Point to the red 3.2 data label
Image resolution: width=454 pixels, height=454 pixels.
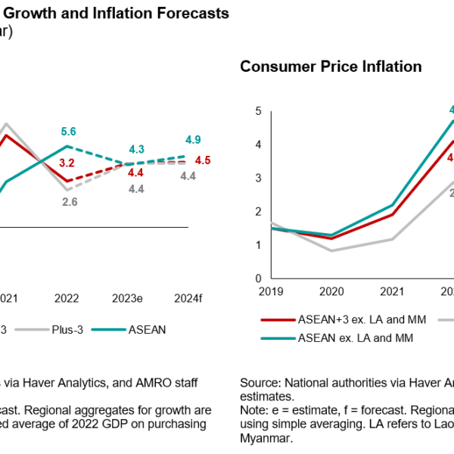67,163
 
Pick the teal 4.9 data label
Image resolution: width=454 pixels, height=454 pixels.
192,140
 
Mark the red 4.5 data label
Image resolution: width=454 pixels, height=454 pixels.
203,160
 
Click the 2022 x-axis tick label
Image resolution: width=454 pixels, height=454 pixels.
67,298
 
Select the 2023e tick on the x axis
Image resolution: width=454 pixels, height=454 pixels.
129,298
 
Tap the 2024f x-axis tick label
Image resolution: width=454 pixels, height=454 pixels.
189,298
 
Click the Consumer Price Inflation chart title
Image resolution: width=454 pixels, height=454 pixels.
331,67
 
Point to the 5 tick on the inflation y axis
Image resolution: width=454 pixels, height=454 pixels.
257,111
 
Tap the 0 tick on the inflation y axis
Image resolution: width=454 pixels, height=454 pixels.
257,278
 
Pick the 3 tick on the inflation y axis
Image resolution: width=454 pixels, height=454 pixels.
257,178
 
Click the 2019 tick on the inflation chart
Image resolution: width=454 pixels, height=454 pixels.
271,291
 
